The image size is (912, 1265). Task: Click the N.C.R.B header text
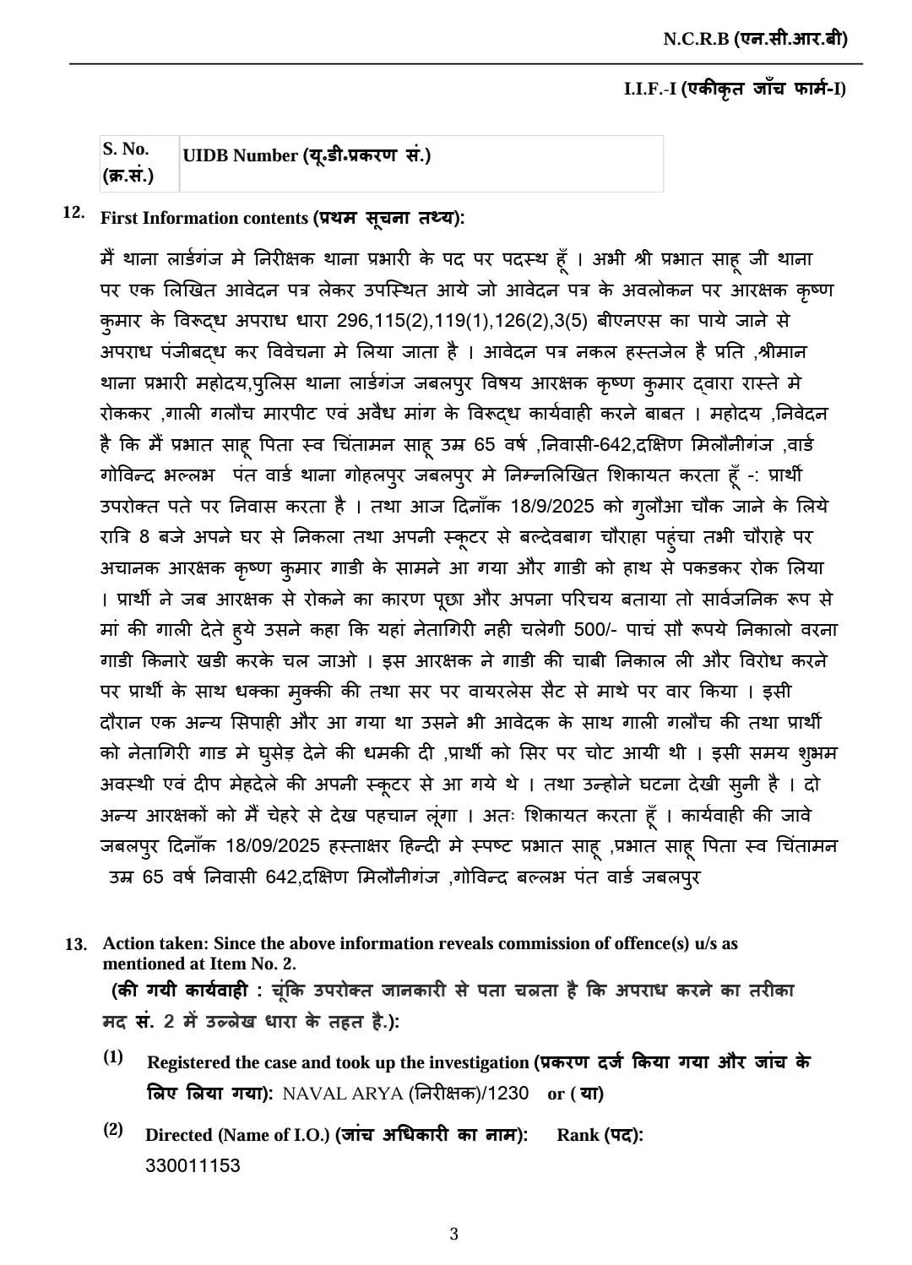coord(754,39)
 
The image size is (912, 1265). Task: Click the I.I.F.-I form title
coord(734,89)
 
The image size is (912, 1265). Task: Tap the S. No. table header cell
coord(127,162)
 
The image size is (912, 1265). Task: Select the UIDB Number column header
coord(307,155)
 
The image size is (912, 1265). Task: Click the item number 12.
coord(73,212)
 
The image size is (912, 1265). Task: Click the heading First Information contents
coord(282,218)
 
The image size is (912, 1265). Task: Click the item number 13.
coord(76,944)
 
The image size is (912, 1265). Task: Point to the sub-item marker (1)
coord(113,1057)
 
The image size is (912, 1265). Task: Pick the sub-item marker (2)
coord(113,1130)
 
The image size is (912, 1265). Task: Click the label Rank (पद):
coord(600,1135)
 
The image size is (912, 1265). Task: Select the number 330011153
coord(193,1166)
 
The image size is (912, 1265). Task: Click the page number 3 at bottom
coord(453,1235)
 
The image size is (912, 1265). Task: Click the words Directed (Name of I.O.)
coord(237,1135)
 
